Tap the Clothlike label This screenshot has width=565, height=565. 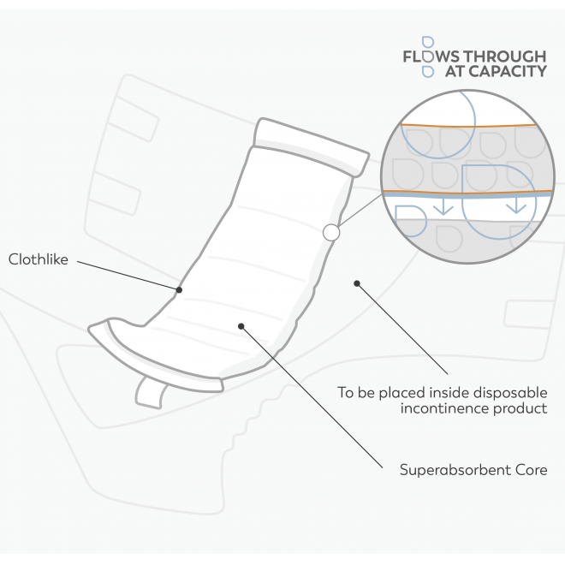coord(37,258)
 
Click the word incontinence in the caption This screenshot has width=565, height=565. coord(442,408)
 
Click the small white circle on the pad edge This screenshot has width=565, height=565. coord(331,232)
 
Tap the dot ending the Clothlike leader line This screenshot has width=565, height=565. coord(179,289)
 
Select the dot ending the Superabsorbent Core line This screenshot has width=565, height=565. coord(241,325)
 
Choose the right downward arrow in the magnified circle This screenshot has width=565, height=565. coord(516,205)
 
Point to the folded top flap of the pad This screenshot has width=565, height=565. coord(312,143)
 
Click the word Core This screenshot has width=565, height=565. coord(529,469)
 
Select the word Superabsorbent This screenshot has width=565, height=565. coord(449,469)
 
